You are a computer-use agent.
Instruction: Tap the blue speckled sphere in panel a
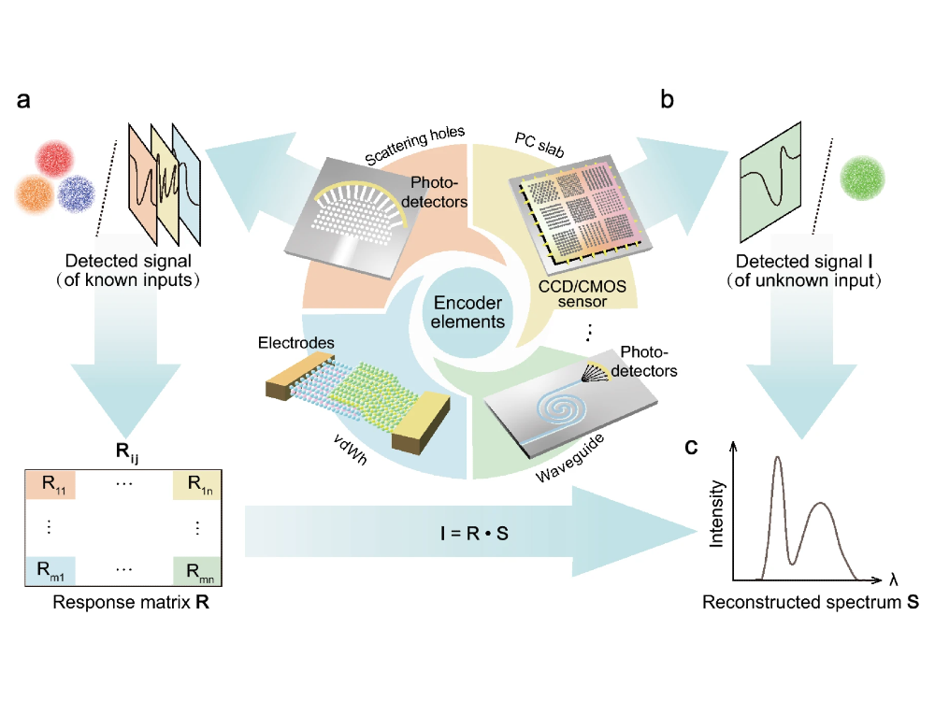[76, 193]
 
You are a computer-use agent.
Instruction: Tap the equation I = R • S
[467, 538]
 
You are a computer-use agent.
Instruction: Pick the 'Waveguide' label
[572, 457]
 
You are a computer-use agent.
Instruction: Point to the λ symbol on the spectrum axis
[894, 579]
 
